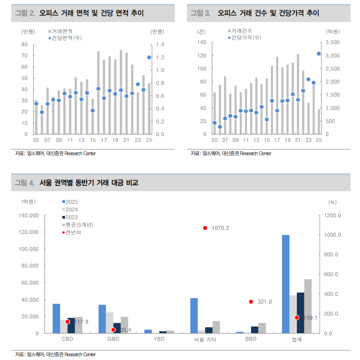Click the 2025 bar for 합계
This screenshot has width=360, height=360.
pyautogui.click(x=286, y=284)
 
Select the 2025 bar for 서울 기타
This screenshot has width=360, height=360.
pyautogui.click(x=194, y=316)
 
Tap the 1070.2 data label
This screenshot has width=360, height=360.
pyautogui.click(x=220, y=228)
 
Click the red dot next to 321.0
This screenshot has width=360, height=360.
pyautogui.click(x=251, y=302)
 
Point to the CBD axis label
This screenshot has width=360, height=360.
pyautogui.click(x=67, y=339)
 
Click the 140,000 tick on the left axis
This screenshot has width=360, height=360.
pyautogui.click(x=30, y=215)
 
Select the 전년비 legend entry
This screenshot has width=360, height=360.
pyautogui.click(x=73, y=232)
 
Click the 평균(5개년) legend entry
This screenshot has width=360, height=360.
pyautogui.click(x=78, y=224)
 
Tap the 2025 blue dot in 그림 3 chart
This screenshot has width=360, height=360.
pyautogui.click(x=319, y=53)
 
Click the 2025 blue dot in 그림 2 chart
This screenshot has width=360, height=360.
pyautogui.click(x=149, y=57)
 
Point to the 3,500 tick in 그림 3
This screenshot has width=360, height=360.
pyautogui.click(x=333, y=42)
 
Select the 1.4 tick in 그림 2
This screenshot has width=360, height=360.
pyautogui.click(x=160, y=44)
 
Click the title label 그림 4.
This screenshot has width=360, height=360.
pyautogui.click(x=25, y=183)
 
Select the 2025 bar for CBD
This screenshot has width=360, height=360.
pyautogui.click(x=56, y=318)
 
